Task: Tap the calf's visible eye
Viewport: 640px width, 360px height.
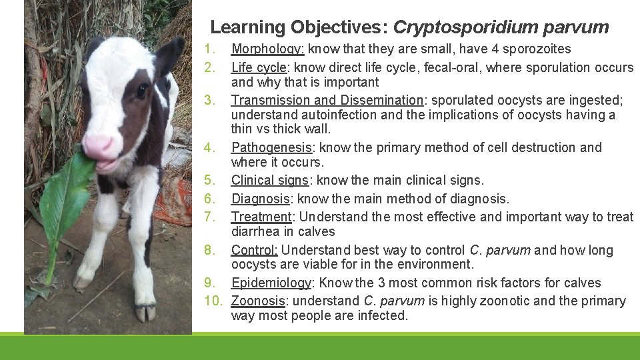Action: pos(141,91)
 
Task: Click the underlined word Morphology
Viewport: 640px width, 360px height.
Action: pos(267,49)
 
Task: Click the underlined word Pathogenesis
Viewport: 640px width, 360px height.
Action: pos(271,147)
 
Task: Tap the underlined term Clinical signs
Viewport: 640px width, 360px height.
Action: pos(269,180)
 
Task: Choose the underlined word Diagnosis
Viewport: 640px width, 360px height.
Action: pos(260,199)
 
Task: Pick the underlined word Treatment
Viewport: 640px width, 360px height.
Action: pos(261,217)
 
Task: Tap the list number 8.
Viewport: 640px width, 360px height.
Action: pos(209,250)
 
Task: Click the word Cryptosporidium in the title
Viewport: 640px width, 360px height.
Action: pos(465,27)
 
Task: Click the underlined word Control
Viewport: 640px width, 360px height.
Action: pos(255,250)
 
